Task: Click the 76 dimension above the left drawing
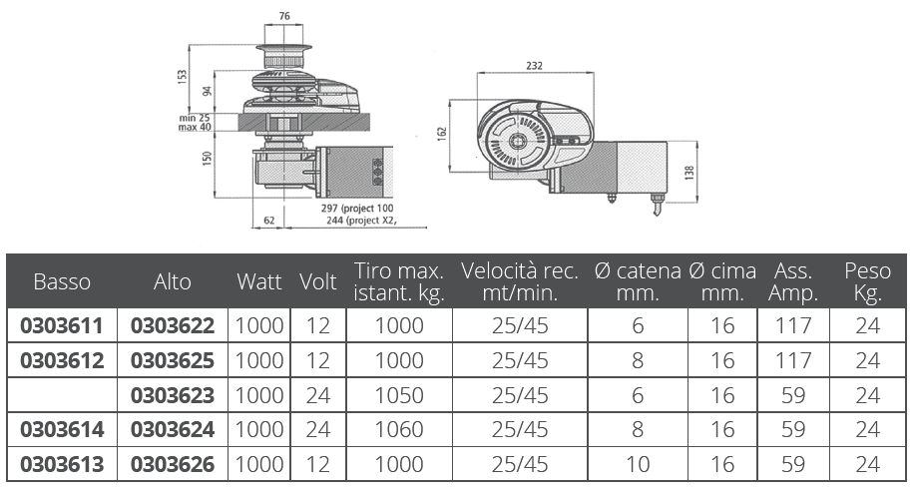(x=284, y=16)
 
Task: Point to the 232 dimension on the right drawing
(x=534, y=65)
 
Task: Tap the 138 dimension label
(x=689, y=174)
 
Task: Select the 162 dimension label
(x=442, y=134)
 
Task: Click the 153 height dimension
(x=183, y=78)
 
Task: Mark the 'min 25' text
(x=195, y=118)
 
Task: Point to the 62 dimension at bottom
(x=269, y=221)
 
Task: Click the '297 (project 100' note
(x=357, y=209)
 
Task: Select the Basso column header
(x=62, y=281)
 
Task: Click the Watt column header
(x=259, y=281)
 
